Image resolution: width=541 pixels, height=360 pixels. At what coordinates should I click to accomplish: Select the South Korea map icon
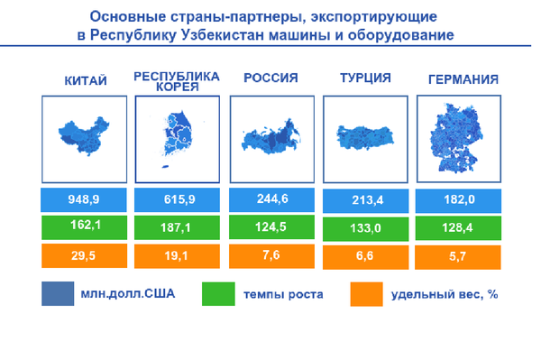(178, 138)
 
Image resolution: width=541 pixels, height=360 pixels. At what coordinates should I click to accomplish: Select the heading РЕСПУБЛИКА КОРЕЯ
(177, 80)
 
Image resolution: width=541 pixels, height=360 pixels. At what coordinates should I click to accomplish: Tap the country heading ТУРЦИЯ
(365, 78)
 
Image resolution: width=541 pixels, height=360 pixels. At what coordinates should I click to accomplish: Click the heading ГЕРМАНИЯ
(462, 79)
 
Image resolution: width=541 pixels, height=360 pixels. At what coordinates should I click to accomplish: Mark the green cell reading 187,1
(178, 226)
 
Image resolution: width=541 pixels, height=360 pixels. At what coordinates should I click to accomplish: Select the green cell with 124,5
(271, 226)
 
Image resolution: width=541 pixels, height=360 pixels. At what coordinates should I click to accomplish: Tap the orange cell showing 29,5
(84, 256)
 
